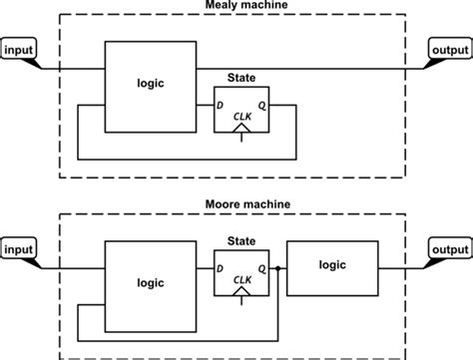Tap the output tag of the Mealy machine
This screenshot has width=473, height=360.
[449, 50]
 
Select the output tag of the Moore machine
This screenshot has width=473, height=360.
[449, 247]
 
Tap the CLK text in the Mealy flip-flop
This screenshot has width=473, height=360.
[240, 118]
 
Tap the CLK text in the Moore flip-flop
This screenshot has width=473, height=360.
[240, 280]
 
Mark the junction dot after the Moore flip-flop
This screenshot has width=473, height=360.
[276, 267]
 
